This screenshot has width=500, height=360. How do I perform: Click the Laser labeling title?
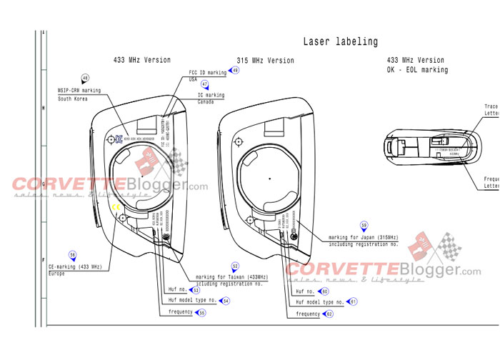pos(341,42)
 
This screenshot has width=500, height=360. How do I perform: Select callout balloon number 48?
pos(86,79)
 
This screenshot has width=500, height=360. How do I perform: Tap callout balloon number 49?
pos(235,71)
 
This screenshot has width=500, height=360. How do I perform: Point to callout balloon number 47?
pos(205,84)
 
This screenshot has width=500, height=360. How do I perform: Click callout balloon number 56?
pos(72,254)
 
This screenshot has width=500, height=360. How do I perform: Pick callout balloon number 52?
pos(234,266)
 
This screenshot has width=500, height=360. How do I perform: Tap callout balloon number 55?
pos(202,313)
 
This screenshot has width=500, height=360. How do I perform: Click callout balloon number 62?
pos(329,314)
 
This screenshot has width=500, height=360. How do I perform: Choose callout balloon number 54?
pos(226,301)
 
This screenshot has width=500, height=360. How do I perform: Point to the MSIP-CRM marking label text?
pos(79,91)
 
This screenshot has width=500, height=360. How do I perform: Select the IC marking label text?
pos(211,95)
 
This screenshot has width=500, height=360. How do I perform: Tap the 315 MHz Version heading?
pos(265,61)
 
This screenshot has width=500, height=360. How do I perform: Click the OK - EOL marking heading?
pos(417,70)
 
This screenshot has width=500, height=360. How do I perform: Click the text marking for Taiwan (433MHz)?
pos(229,277)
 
